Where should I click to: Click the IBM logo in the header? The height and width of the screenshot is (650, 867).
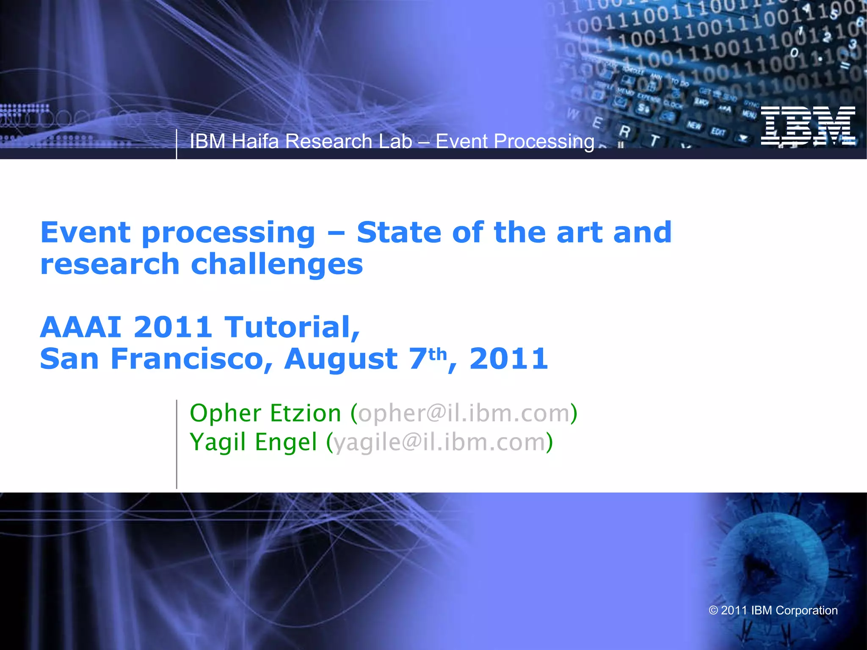pyautogui.click(x=808, y=126)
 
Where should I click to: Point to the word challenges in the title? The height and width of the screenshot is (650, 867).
pyautogui.click(x=277, y=264)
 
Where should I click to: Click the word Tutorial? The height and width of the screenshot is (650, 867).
pyautogui.click(x=291, y=327)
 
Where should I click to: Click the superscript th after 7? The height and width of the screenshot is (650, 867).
pyautogui.click(x=437, y=354)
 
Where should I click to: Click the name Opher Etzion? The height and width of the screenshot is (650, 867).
pyautogui.click(x=265, y=413)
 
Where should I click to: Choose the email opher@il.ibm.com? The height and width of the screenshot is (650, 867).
pyautogui.click(x=464, y=413)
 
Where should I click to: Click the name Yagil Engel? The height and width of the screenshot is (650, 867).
pyautogui.click(x=253, y=442)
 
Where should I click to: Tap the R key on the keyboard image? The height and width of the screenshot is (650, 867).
pyautogui.click(x=624, y=132)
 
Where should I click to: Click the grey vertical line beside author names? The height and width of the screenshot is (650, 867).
pyautogui.click(x=177, y=444)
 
